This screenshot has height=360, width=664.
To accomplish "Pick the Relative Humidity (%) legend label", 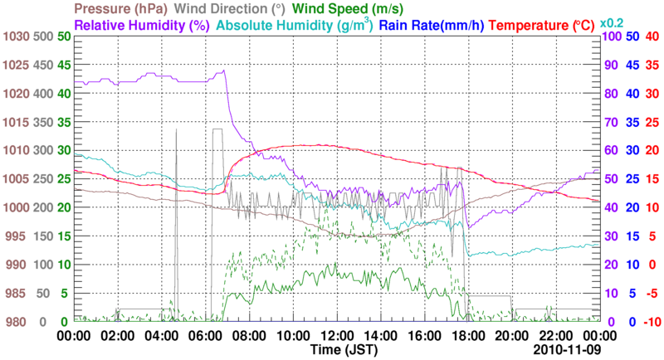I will tap(140, 25).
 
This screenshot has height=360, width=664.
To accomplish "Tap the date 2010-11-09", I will tap(567, 351).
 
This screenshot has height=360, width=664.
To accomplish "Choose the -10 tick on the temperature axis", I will tap(651, 322).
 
